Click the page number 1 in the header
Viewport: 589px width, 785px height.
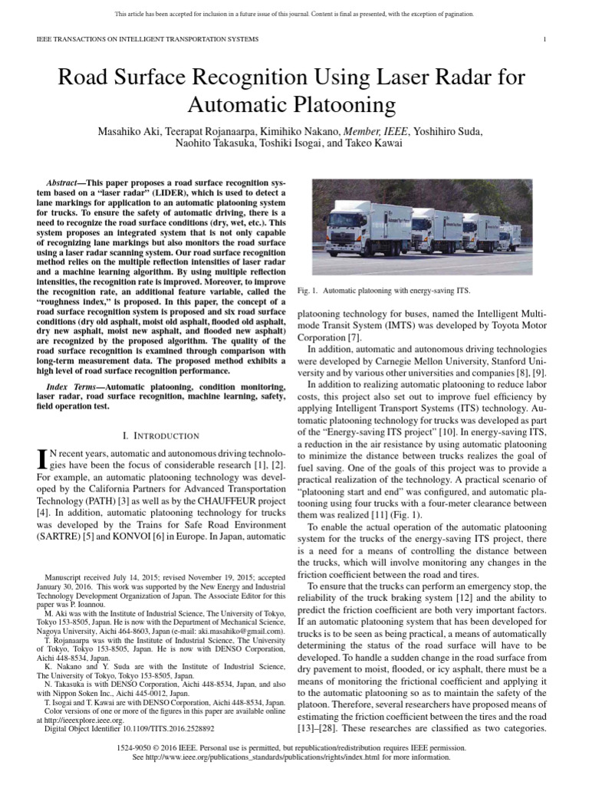click(544, 39)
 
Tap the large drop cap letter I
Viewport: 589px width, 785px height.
click(43, 459)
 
